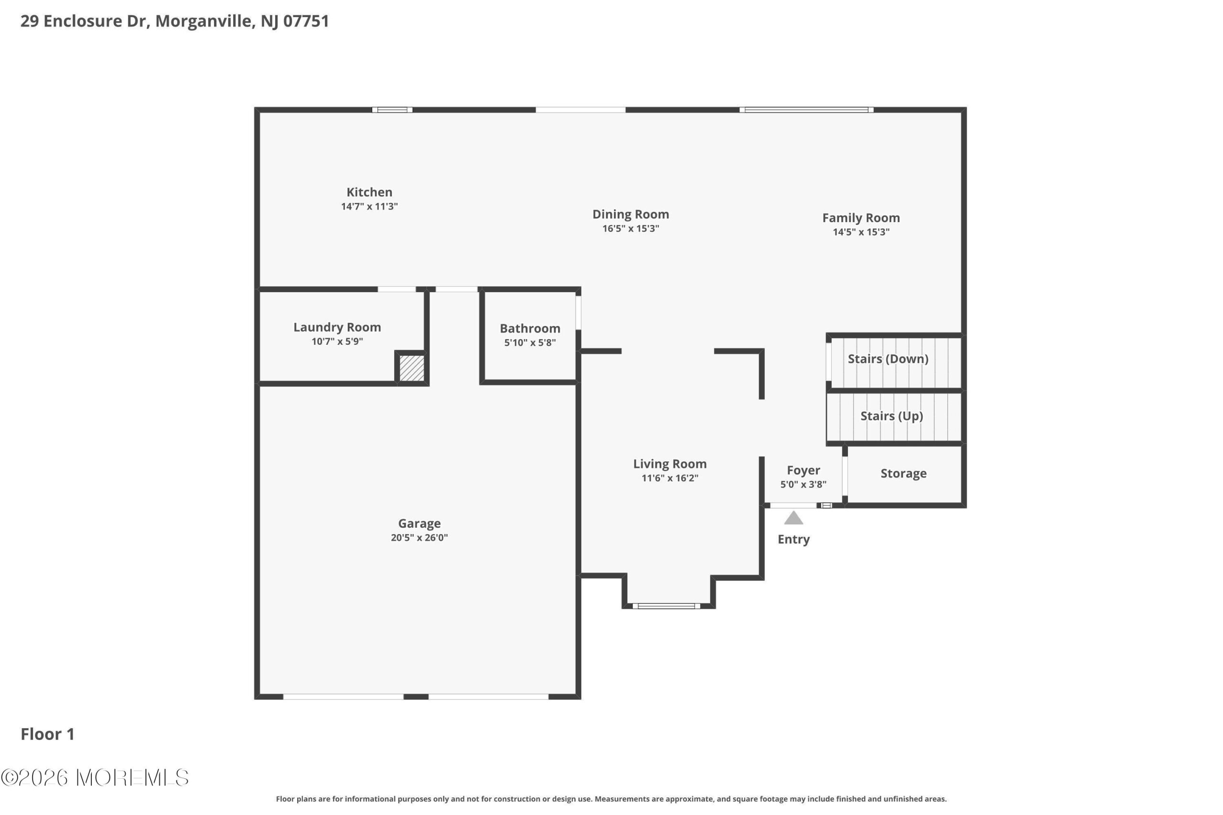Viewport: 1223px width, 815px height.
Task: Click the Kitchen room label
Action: pyautogui.click(x=369, y=192)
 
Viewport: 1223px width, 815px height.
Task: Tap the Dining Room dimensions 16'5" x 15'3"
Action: pyautogui.click(x=631, y=229)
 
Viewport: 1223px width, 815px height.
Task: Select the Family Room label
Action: pyautogui.click(x=861, y=218)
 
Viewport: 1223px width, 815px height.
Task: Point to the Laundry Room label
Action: pyautogui.click(x=337, y=328)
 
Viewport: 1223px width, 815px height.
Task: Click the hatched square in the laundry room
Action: pyautogui.click(x=412, y=368)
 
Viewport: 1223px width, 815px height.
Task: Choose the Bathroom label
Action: pyautogui.click(x=530, y=328)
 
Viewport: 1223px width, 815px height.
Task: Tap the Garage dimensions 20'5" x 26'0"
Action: pyautogui.click(x=419, y=538)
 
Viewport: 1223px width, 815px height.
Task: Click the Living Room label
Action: pyautogui.click(x=670, y=464)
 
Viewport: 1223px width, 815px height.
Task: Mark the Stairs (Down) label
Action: pyautogui.click(x=888, y=359)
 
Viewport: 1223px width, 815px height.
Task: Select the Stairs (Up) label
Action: pyautogui.click(x=892, y=416)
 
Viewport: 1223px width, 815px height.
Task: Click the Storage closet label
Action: pyautogui.click(x=903, y=474)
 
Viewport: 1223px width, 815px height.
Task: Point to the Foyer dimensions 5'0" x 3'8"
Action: pyautogui.click(x=804, y=485)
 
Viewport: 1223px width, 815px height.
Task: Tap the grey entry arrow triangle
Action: pyautogui.click(x=794, y=518)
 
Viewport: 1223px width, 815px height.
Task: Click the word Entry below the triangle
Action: pyautogui.click(x=794, y=540)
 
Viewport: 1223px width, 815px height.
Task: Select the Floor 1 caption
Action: pyautogui.click(x=47, y=734)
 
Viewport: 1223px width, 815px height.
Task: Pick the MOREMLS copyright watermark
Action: pyautogui.click(x=95, y=778)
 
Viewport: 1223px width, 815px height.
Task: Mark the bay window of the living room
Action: pyautogui.click(x=666, y=605)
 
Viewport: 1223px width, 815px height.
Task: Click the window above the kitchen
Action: pyautogui.click(x=392, y=110)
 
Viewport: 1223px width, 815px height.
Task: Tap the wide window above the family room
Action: pyautogui.click(x=806, y=110)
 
